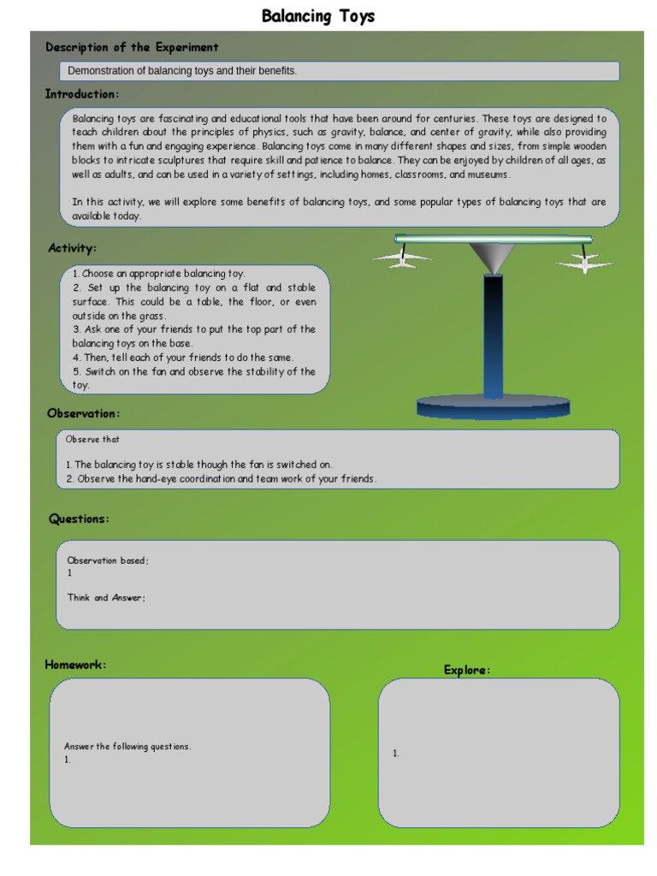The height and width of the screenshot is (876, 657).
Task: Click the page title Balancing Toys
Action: tap(317, 16)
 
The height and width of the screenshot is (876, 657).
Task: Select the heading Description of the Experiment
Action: tap(132, 48)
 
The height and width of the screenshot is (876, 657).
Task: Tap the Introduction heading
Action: tap(82, 94)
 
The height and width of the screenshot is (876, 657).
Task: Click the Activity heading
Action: tap(72, 248)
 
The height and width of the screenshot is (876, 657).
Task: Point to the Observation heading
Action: tap(83, 414)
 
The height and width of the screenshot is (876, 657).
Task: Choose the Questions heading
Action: tap(79, 519)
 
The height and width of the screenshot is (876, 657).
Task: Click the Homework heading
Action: tap(75, 665)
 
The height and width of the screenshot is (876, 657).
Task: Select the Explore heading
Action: tap(467, 670)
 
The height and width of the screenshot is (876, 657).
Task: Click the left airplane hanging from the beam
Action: tap(402, 257)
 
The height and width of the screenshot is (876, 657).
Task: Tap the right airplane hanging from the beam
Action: tap(585, 261)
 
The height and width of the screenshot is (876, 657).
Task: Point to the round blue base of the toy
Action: tap(493, 405)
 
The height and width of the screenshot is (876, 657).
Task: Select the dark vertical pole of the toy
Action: tap(493, 334)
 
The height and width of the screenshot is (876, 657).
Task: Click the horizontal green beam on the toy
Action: tap(493, 240)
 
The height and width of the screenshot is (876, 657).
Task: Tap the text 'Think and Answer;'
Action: tap(107, 598)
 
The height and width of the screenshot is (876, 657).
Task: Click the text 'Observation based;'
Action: tap(108, 561)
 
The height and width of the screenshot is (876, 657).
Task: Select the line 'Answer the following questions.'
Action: tap(127, 747)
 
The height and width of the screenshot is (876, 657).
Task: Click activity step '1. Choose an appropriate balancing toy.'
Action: tap(158, 274)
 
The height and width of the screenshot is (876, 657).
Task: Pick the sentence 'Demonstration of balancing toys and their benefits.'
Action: tap(182, 71)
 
